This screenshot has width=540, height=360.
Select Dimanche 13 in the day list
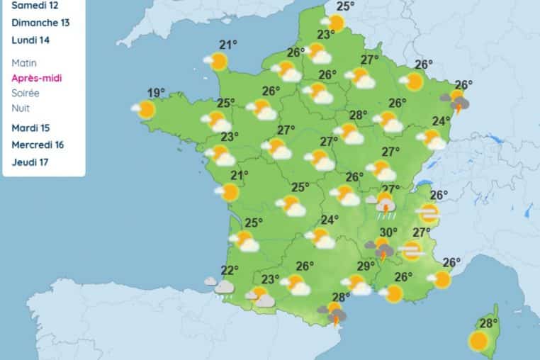click(x=41, y=23)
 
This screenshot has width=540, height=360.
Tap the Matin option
click(x=24, y=63)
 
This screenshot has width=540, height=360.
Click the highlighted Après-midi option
click(x=37, y=78)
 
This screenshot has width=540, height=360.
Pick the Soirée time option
click(x=26, y=93)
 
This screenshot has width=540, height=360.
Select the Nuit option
click(x=20, y=108)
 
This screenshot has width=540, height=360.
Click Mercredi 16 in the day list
click(x=38, y=145)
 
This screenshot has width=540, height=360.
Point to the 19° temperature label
click(x=157, y=93)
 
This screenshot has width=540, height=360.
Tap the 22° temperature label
click(x=229, y=269)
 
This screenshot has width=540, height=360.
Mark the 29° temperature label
click(x=366, y=266)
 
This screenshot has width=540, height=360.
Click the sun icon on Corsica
click(x=479, y=342)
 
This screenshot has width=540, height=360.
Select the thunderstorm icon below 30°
click(x=382, y=249)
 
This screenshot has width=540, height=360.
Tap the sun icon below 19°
click(x=145, y=109)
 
